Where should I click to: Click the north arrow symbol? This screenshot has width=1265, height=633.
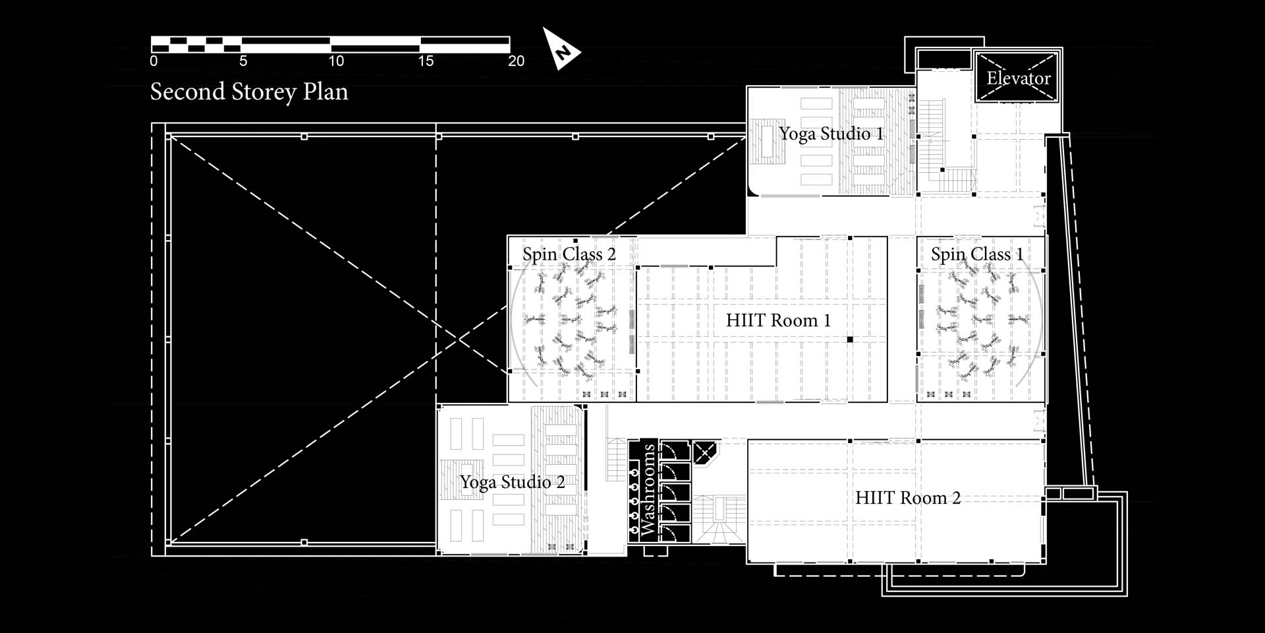560,49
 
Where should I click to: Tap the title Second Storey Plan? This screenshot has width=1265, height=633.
249,92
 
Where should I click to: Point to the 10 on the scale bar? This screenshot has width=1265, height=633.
336,61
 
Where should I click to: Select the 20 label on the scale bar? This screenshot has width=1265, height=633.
517,61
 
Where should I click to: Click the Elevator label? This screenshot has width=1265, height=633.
1018,78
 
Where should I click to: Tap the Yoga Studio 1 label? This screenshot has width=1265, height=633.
831,134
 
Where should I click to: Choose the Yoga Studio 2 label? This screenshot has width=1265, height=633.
512,482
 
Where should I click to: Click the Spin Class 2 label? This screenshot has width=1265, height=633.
569,255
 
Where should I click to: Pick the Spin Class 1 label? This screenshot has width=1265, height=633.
977,255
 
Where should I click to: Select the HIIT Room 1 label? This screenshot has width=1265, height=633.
778,321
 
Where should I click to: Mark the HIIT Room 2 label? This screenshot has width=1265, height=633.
908,498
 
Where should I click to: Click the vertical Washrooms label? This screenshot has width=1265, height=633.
649,490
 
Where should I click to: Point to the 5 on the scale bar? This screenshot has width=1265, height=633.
243,61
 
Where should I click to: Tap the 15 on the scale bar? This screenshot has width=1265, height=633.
426,61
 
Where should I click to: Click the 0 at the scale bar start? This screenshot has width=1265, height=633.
154,61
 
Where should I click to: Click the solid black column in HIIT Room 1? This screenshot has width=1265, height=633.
850,340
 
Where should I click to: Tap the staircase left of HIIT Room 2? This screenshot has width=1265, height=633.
719,520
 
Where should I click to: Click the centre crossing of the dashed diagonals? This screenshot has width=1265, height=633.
459,339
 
